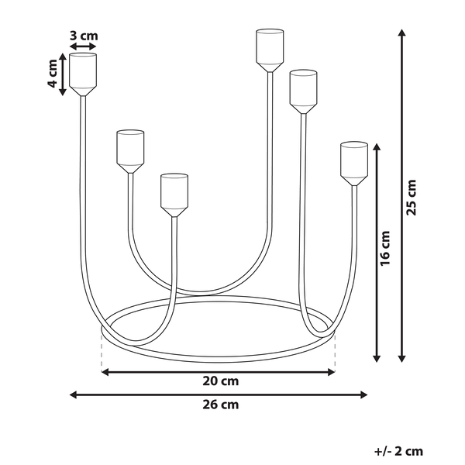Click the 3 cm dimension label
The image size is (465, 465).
(x=84, y=36)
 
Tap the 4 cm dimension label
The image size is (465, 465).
(x=52, y=74)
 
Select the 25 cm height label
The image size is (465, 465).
(x=412, y=197)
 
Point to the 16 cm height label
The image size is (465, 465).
(x=385, y=248)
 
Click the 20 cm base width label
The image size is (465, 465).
(x=221, y=381)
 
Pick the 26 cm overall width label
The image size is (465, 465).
(x=221, y=405)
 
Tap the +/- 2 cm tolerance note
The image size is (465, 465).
(x=399, y=451)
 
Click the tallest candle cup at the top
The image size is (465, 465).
(x=270, y=50)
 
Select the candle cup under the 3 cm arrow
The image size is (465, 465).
(x=83, y=74)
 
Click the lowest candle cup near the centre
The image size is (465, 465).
(x=174, y=195)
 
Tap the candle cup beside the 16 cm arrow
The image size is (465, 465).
(x=354, y=164)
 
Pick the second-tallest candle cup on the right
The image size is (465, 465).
(x=303, y=92)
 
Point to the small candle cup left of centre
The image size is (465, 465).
(x=130, y=151)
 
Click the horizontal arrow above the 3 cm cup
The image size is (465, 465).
(x=83, y=46)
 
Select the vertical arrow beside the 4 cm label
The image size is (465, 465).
(x=63, y=74)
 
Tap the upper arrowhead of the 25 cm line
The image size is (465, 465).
(x=401, y=33)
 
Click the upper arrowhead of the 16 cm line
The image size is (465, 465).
(x=377, y=146)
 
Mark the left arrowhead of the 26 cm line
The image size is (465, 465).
(x=73, y=394)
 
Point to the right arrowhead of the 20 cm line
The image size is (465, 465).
(x=332, y=372)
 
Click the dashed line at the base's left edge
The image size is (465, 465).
(x=102, y=352)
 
